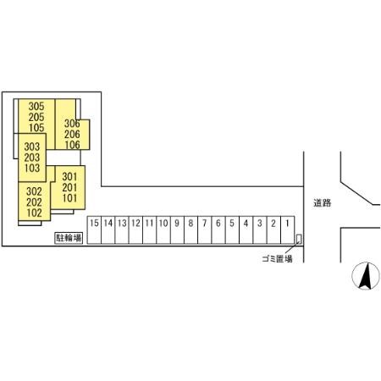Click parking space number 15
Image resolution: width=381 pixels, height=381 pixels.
tap(94, 229)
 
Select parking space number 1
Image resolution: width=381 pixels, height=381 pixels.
tap(288, 229)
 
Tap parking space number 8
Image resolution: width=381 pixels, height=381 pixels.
tap(190, 229)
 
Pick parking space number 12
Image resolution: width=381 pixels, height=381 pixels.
tap(135, 229)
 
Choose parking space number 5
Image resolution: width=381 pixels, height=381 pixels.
tap(232, 229)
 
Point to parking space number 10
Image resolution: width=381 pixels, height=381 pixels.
tap(163, 229)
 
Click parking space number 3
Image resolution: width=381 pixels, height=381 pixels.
tap(260, 229)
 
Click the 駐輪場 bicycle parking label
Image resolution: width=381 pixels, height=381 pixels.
tap(69, 238)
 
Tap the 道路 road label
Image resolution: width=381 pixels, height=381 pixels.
tap(322, 202)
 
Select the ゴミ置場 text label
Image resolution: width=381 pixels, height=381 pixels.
tap(277, 258)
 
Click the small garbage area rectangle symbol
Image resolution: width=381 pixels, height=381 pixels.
tap(299, 239)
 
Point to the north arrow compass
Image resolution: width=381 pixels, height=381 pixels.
tap(366, 276)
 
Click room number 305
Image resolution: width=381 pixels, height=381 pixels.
tap(36, 107)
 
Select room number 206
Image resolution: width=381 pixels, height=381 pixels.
tap(72, 134)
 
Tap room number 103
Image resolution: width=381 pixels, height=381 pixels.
tap(32, 168)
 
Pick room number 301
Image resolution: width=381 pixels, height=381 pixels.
tap(69, 177)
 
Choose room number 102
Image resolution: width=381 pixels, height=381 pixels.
tap(34, 213)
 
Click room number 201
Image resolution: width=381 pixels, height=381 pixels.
tap(69, 187)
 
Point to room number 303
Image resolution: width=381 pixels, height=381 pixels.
tap(32, 146)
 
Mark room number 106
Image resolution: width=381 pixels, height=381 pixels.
tap(72, 145)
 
